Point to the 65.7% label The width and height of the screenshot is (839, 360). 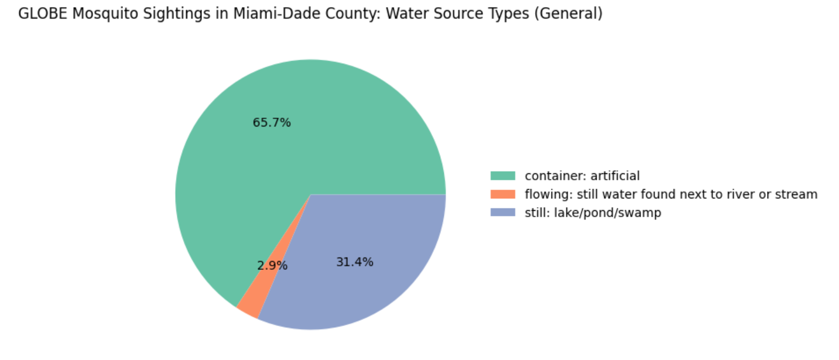point(272,123)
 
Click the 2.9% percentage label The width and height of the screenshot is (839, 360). point(272,266)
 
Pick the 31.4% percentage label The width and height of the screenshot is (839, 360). point(355,262)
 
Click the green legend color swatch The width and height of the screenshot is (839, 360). point(502,176)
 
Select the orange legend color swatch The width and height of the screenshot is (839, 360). point(502,194)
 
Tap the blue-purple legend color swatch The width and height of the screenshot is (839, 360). point(502,213)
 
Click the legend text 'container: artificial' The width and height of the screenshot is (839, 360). point(582,176)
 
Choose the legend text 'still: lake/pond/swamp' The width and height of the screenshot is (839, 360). point(593,213)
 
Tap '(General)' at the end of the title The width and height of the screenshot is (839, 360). point(571,14)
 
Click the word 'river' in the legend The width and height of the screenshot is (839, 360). point(745,194)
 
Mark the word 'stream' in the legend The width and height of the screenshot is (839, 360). point(797,194)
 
